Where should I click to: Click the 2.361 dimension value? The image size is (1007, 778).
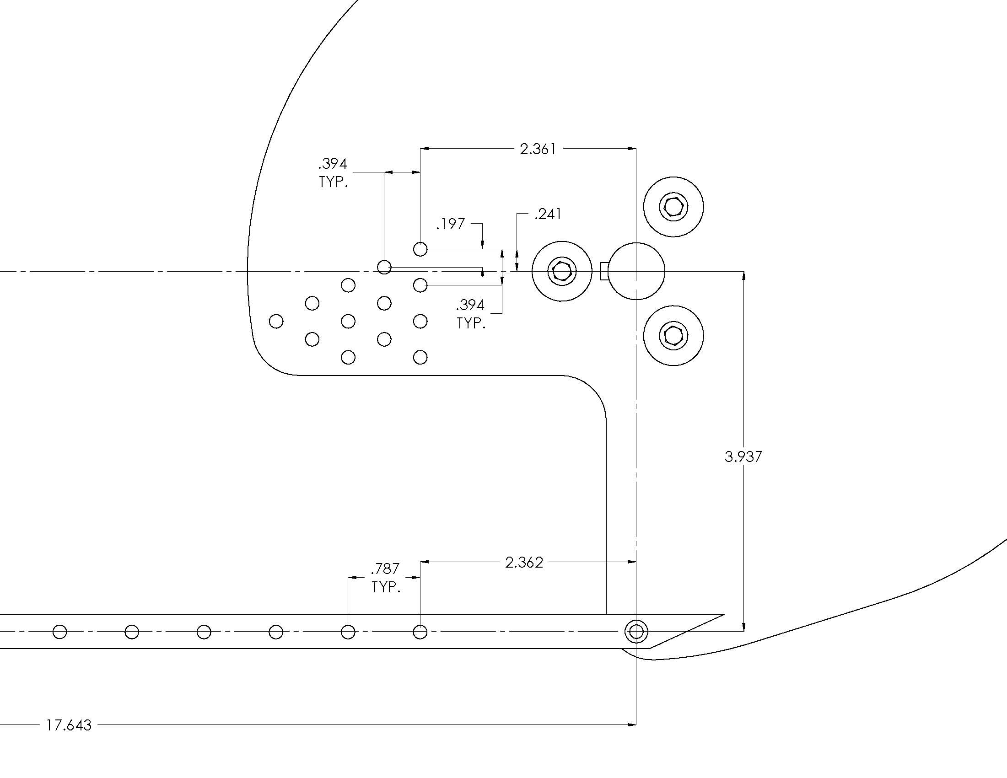coord(538,149)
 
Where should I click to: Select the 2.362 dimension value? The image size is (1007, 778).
coord(524,562)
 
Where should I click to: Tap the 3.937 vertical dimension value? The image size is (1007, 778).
coord(743,456)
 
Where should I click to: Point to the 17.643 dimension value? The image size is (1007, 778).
coord(69,725)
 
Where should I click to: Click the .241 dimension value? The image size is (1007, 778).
coord(548,214)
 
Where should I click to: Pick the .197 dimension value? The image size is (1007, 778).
coord(451,224)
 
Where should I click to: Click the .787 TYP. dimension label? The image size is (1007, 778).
coord(386,578)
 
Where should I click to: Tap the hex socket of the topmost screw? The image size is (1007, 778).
coord(673,206)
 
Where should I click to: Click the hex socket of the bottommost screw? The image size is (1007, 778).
coord(673,335)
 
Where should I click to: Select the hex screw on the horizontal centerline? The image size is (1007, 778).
coord(561,271)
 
